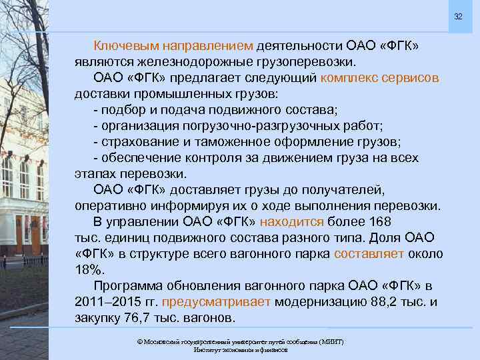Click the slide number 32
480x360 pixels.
tap(458, 16)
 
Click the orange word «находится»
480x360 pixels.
tap(292, 221)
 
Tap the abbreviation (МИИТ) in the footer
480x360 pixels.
tap(329, 341)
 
